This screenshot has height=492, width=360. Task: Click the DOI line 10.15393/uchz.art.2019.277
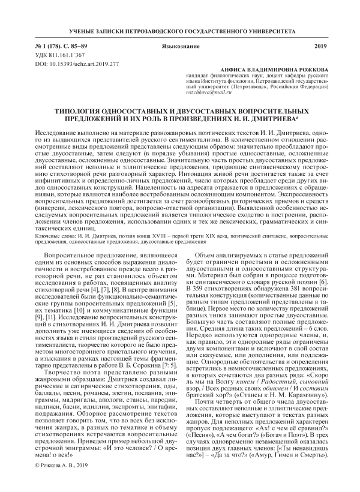[69, 63]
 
